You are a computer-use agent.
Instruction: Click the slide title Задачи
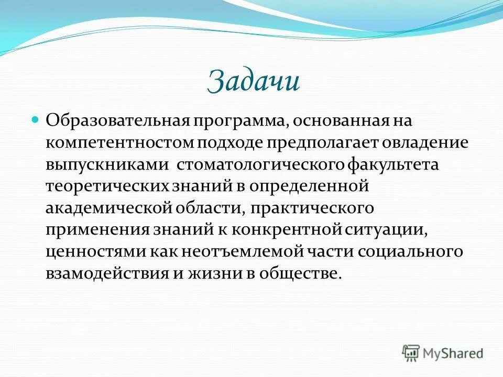tap(254, 82)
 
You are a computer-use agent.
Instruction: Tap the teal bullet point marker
tap(36, 120)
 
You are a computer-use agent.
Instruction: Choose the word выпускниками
tap(106, 165)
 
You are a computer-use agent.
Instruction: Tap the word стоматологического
tap(259, 165)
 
